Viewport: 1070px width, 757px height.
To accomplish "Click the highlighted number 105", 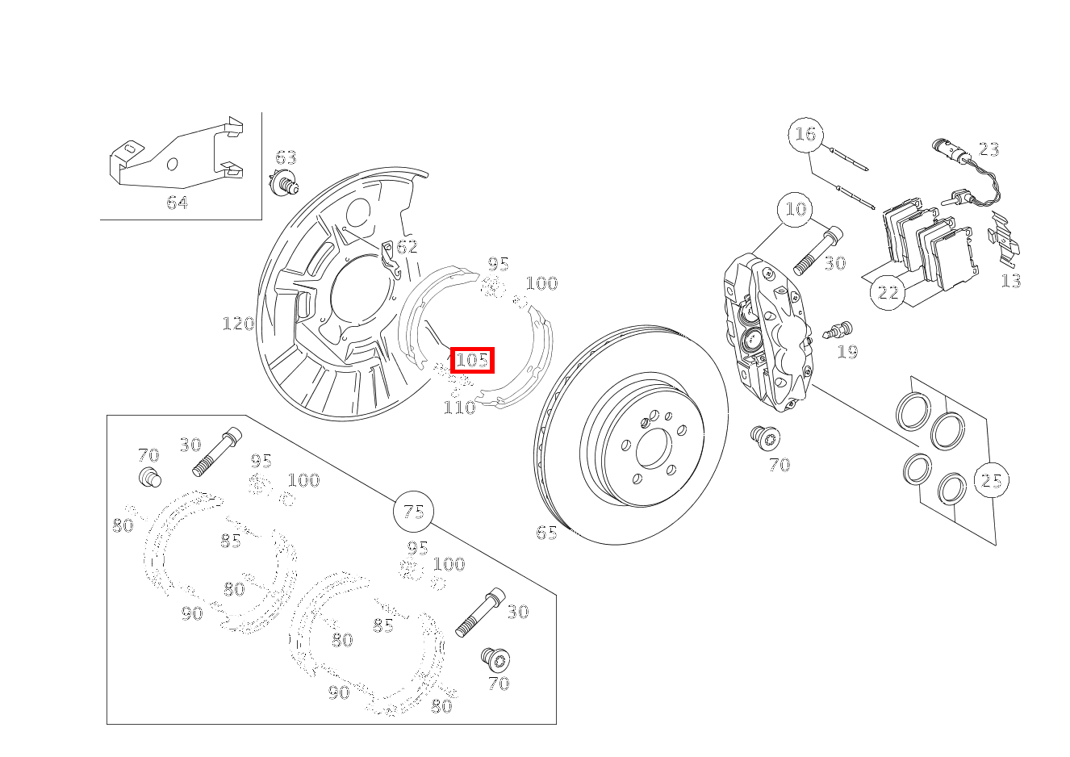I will click(x=472, y=360).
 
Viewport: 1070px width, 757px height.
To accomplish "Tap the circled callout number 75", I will click(x=413, y=512).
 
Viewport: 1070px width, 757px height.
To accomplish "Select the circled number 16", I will click(x=805, y=134).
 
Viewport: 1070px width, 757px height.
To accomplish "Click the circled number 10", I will click(x=796, y=209).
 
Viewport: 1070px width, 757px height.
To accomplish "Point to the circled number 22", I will click(x=888, y=291).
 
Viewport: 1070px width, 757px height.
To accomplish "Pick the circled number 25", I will click(x=991, y=481).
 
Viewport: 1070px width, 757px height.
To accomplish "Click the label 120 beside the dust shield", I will click(x=238, y=324).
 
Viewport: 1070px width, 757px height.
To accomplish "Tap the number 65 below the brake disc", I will click(x=546, y=533).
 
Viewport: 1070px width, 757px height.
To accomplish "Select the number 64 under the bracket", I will click(x=177, y=203).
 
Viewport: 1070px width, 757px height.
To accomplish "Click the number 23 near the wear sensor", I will click(x=988, y=149).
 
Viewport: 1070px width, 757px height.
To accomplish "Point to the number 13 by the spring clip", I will click(x=1011, y=281).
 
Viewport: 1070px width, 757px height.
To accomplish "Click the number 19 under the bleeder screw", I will click(x=847, y=352).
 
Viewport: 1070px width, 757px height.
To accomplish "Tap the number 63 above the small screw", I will click(x=286, y=157).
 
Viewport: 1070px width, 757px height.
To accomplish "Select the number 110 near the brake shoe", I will click(x=459, y=408).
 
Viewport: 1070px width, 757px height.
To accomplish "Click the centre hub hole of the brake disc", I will click(x=653, y=448).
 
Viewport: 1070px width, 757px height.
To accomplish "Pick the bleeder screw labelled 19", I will click(x=839, y=330).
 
